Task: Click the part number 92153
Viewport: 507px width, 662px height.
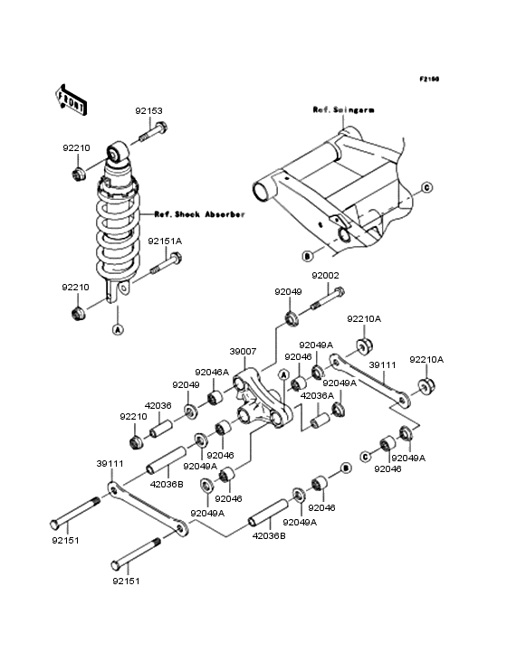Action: [149, 111]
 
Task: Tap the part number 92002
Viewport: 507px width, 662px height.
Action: [326, 275]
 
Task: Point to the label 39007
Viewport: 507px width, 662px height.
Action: [244, 351]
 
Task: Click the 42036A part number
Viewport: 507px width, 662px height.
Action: [317, 395]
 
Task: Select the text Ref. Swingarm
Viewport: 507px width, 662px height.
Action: [342, 109]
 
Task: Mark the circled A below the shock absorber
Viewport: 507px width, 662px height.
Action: [117, 331]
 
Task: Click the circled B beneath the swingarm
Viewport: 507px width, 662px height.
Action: [309, 254]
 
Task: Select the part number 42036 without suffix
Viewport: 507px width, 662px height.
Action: [158, 406]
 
